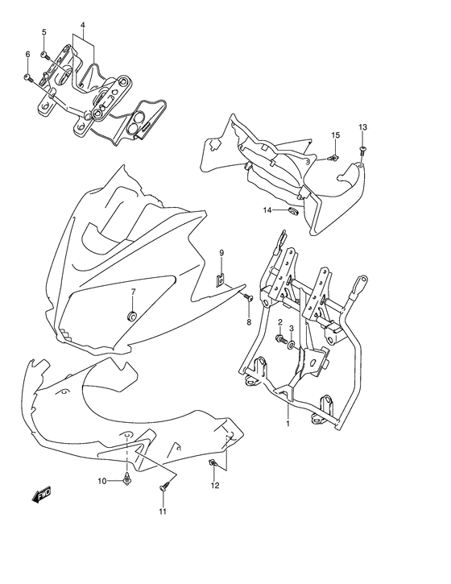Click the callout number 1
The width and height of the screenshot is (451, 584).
coord(288,422)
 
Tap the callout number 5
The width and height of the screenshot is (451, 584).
coord(44,32)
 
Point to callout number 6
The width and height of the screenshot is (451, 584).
coord(27,54)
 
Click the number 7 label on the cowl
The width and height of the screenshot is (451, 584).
coord(134,292)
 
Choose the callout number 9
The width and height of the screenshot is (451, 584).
coord(221,254)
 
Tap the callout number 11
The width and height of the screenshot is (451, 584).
coord(163,512)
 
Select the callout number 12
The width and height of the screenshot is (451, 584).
coord(215,485)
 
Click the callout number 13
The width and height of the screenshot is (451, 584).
coord(362,127)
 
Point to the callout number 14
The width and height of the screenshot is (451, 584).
coord(265,210)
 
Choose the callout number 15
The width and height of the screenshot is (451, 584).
coord(336,135)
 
